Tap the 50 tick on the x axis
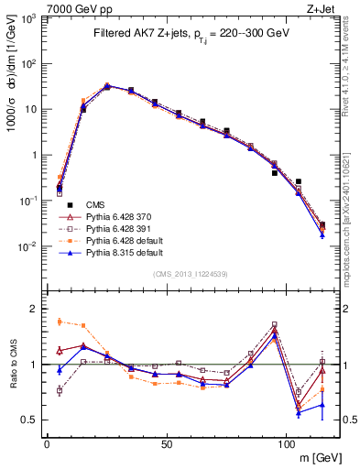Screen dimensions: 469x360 [x=166, y=443]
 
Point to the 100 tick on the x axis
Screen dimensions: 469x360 [x=286, y=443]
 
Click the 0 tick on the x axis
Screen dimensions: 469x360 [x=47, y=443]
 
